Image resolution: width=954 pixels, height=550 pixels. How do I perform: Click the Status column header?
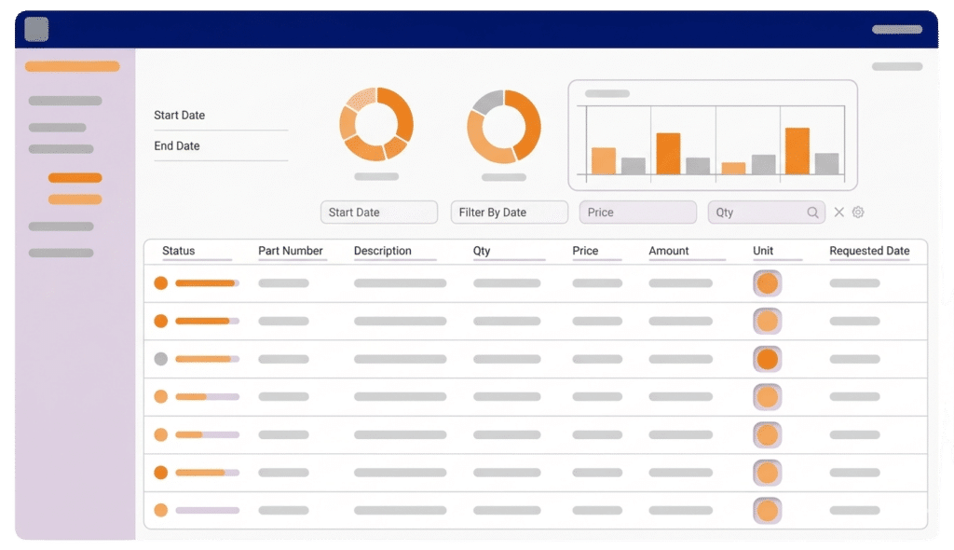[178, 251]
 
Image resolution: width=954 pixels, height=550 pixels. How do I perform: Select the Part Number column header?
[291, 251]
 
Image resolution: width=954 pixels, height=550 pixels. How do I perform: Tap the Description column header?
[382, 251]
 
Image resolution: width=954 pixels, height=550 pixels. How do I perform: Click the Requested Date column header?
[869, 251]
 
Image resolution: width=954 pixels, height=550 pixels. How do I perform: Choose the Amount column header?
[669, 251]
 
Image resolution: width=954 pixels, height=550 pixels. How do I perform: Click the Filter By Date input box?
[510, 212]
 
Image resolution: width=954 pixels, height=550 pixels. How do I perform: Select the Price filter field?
[637, 212]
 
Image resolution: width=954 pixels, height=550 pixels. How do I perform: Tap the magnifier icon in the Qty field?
[812, 212]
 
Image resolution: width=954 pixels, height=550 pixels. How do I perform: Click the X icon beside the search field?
[839, 212]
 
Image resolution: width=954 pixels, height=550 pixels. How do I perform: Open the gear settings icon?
[858, 212]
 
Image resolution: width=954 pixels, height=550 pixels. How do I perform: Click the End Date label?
[176, 145]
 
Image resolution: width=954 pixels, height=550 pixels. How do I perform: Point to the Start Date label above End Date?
[179, 115]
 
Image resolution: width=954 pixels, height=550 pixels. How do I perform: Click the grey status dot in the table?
[160, 359]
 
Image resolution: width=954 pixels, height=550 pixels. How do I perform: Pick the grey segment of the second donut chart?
[486, 101]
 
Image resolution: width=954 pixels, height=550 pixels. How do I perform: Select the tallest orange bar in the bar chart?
[797, 151]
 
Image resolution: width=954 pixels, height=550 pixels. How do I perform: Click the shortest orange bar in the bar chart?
[733, 169]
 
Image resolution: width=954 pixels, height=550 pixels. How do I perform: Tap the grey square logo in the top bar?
[36, 29]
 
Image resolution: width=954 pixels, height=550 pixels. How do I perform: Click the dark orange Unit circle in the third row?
[768, 359]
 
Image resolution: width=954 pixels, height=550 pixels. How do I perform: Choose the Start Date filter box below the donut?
[379, 212]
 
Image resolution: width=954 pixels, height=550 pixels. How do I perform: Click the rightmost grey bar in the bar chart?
[827, 164]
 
